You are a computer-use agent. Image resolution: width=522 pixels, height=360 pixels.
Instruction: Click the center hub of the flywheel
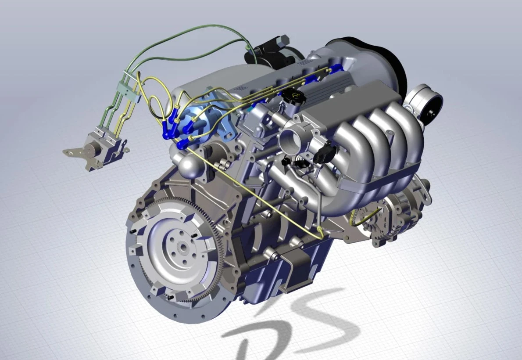pyautogui.click(x=182, y=247)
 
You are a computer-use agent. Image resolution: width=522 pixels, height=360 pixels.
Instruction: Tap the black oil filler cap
pyautogui.click(x=293, y=97)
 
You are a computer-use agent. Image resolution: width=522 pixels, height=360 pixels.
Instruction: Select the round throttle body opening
pyautogui.click(x=290, y=140)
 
